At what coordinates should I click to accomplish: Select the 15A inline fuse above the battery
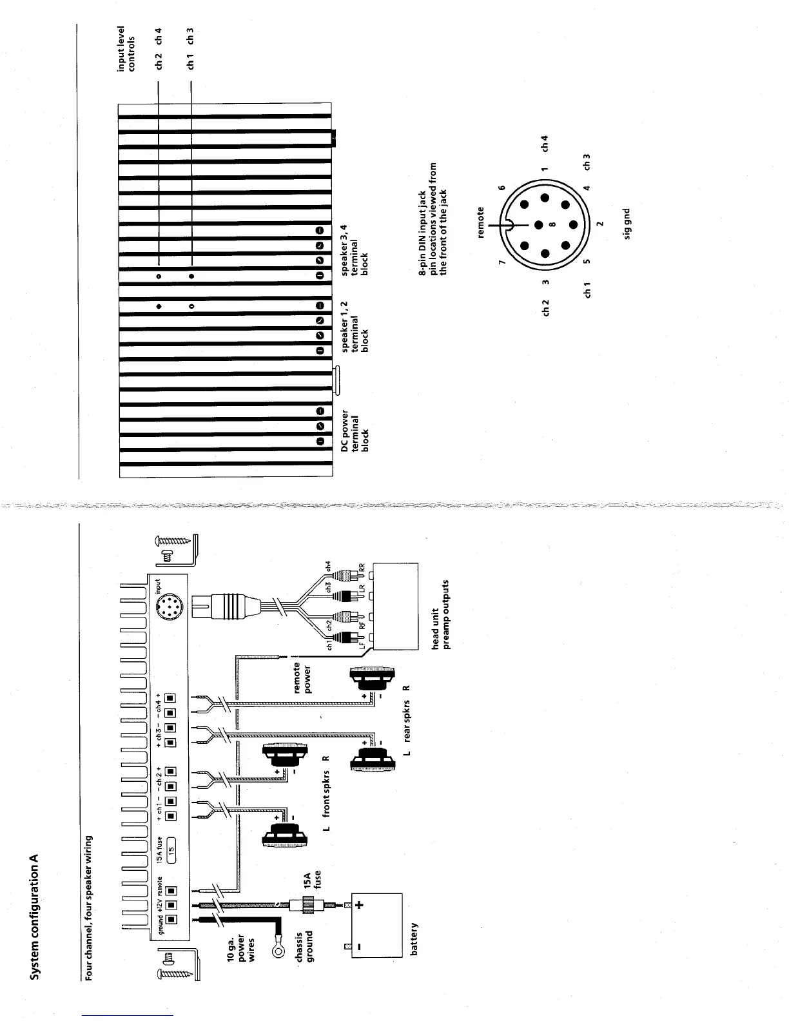pos(308,905)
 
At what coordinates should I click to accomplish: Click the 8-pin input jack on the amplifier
pos(169,607)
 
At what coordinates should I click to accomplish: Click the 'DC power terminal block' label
pos(355,431)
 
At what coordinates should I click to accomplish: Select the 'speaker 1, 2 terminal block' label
pos(355,326)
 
